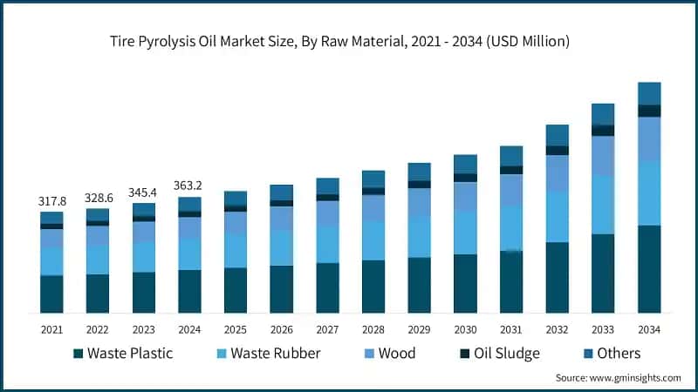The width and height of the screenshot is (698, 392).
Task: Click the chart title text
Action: click(x=348, y=41)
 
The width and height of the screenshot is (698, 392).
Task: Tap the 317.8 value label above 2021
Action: click(x=51, y=201)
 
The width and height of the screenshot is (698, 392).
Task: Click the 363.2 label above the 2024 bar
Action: click(x=189, y=186)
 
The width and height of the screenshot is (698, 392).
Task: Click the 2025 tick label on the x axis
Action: click(x=235, y=329)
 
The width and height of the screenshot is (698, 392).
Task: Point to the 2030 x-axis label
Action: click(x=465, y=329)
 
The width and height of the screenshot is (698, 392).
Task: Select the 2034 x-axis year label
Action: click(x=649, y=329)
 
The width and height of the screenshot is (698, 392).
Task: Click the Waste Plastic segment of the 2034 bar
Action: click(x=649, y=269)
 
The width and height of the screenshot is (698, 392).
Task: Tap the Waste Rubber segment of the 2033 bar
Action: click(x=603, y=205)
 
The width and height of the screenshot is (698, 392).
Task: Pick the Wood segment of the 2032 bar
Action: click(x=557, y=172)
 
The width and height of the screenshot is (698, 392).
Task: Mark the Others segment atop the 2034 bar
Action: click(x=649, y=93)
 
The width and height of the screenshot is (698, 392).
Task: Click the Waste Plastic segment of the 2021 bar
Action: click(x=51, y=294)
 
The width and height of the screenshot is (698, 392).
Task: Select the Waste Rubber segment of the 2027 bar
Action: click(x=327, y=244)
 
